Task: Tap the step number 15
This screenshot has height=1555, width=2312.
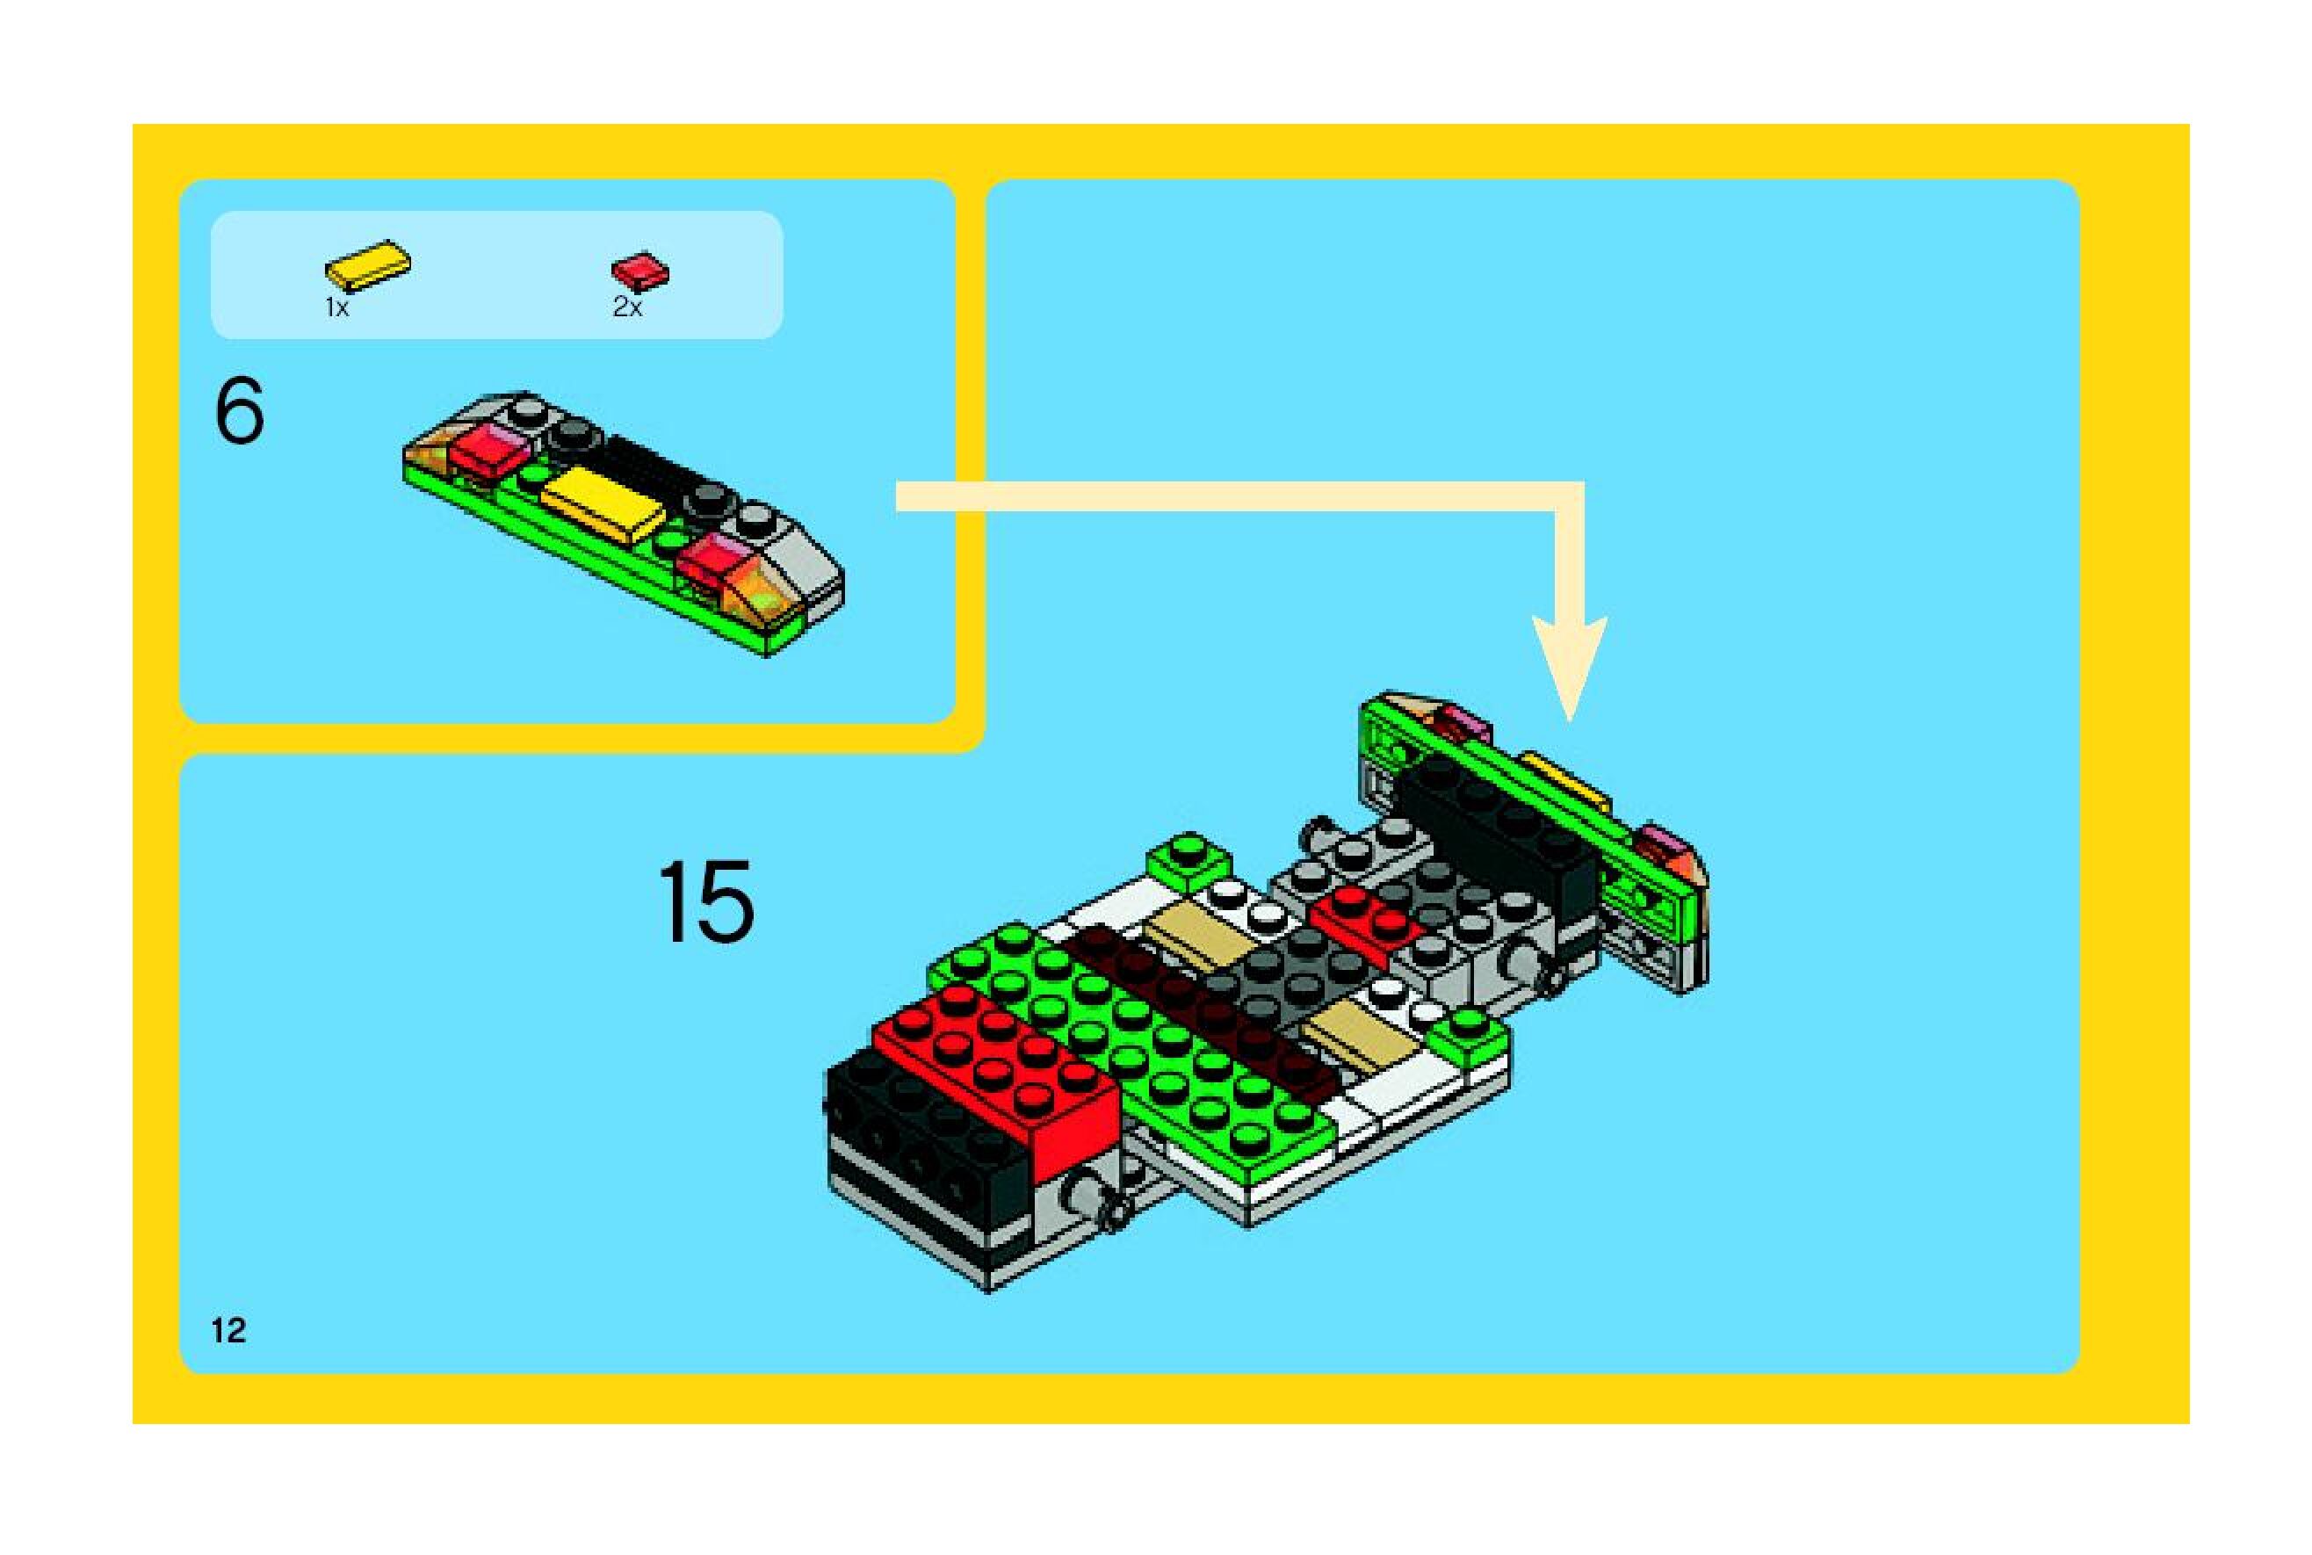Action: click(x=706, y=901)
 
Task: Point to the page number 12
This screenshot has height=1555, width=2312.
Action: click(x=228, y=1330)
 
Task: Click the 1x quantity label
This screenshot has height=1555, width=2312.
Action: click(x=337, y=308)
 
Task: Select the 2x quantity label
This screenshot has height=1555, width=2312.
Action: click(x=626, y=308)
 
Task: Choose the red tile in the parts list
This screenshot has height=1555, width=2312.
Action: click(x=639, y=270)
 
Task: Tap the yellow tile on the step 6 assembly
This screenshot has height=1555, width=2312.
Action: click(x=601, y=503)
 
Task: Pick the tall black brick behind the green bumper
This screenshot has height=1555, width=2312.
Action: click(x=1497, y=843)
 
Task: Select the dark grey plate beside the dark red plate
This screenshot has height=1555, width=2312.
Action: click(x=1289, y=967)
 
